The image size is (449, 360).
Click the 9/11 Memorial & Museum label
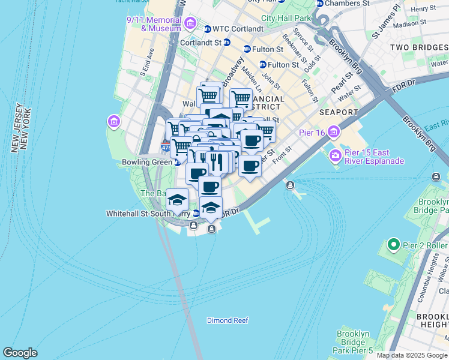click(x=154, y=24)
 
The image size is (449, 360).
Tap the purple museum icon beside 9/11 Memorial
click(x=191, y=24)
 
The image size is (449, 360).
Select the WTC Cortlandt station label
click(x=238, y=29)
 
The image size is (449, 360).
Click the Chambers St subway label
click(x=348, y=3)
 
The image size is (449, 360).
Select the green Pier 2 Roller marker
click(x=394, y=244)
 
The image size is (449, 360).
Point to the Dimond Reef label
click(x=228, y=320)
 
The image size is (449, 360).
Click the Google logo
click(x=20, y=353)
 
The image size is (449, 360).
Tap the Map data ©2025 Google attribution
click(x=411, y=355)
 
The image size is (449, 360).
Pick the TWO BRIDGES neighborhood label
click(x=418, y=47)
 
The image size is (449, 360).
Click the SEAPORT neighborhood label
click(x=340, y=112)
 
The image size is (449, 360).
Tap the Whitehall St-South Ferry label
click(x=148, y=213)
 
